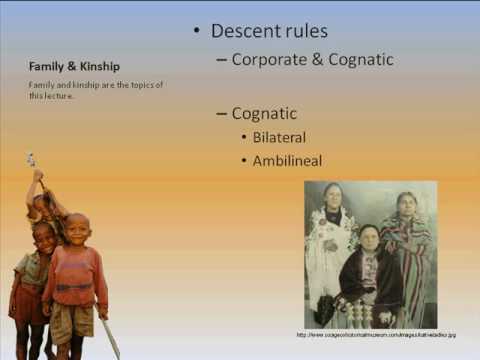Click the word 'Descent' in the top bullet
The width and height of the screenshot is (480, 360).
coord(245,31)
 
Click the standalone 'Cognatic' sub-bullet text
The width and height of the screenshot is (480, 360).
coord(264,113)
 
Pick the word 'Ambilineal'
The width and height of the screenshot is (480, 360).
coord(287,160)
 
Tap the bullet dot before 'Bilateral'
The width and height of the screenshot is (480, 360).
coord(244,138)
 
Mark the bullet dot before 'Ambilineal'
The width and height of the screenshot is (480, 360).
coord(244,161)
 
